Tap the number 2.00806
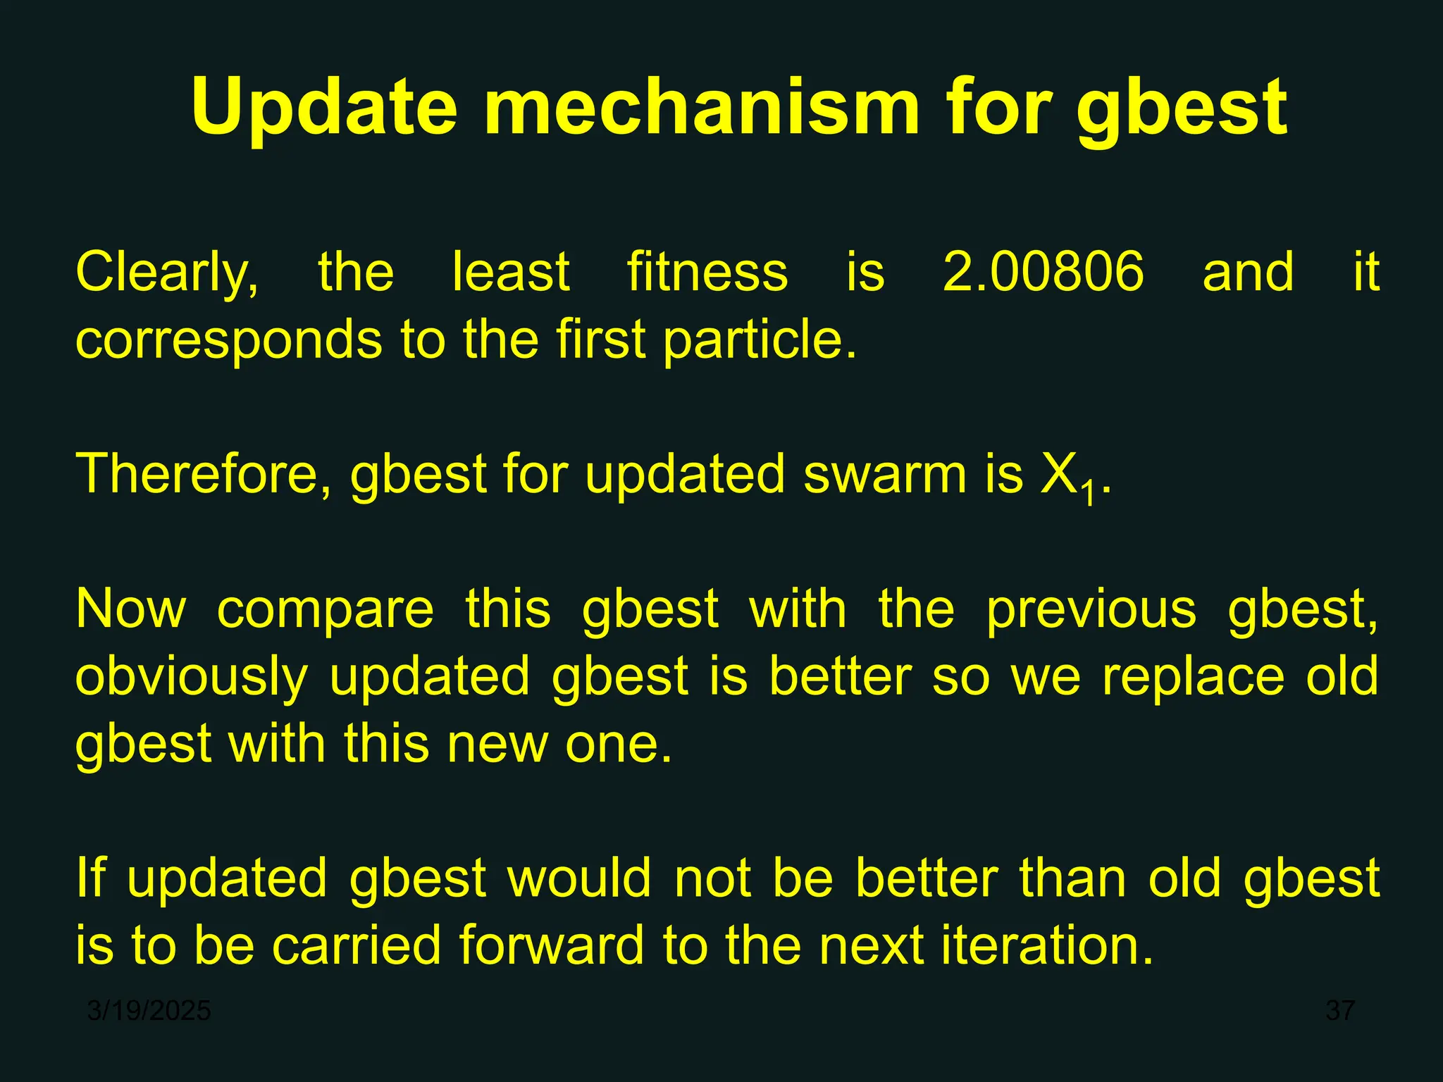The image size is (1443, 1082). click(1043, 272)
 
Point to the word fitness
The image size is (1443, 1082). click(707, 272)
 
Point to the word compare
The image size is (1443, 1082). click(326, 609)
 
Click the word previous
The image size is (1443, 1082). click(1091, 609)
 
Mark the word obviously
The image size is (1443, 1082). click(192, 676)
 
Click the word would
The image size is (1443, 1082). click(579, 878)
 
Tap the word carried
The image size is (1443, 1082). click(357, 945)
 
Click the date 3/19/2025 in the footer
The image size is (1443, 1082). click(149, 1011)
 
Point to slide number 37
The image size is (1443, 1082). click(1340, 1011)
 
